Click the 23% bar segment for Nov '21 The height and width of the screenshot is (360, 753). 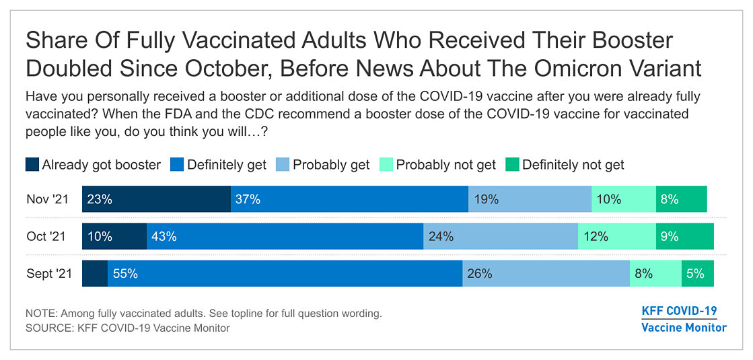click(x=156, y=199)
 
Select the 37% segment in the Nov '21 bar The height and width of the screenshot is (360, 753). click(x=349, y=199)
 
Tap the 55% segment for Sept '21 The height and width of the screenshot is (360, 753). click(x=285, y=274)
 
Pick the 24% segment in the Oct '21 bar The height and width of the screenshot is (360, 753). click(x=501, y=236)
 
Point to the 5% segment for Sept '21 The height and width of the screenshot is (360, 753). click(x=697, y=274)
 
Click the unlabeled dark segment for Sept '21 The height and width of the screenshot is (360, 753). click(x=95, y=274)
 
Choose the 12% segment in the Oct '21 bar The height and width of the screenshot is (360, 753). click(x=617, y=236)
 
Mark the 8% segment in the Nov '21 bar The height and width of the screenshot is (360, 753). click(x=681, y=199)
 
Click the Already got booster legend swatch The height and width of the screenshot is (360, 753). click(x=32, y=165)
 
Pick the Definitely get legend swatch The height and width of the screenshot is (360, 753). click(x=178, y=165)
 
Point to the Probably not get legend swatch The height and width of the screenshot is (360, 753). click(x=386, y=165)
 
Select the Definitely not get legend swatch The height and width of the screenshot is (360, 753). click(x=513, y=165)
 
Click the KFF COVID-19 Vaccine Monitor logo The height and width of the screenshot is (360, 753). click(x=684, y=319)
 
